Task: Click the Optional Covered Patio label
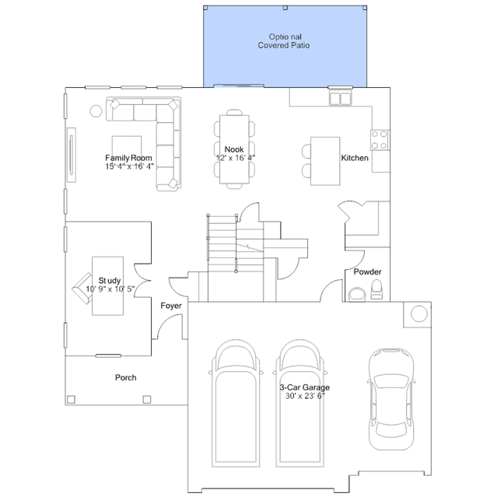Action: click(x=284, y=41)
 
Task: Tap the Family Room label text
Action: click(x=128, y=158)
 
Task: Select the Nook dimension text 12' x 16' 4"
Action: click(x=236, y=158)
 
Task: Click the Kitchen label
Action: click(x=355, y=158)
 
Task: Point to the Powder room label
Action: click(x=367, y=271)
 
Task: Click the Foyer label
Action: click(x=171, y=306)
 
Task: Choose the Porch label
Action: click(x=126, y=377)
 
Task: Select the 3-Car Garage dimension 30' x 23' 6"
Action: click(x=305, y=396)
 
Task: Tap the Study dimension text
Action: click(x=110, y=289)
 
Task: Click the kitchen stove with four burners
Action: click(x=380, y=140)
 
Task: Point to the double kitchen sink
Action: click(x=341, y=98)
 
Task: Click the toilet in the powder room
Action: click(x=376, y=289)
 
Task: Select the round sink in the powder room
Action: click(x=357, y=295)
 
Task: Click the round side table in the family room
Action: click(x=96, y=111)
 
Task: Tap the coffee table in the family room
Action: click(x=127, y=149)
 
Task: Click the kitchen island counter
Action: click(x=325, y=161)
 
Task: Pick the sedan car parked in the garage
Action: click(x=391, y=399)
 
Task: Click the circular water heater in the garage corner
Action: click(x=419, y=313)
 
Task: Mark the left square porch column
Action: click(x=72, y=399)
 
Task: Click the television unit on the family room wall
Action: click(x=72, y=155)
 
